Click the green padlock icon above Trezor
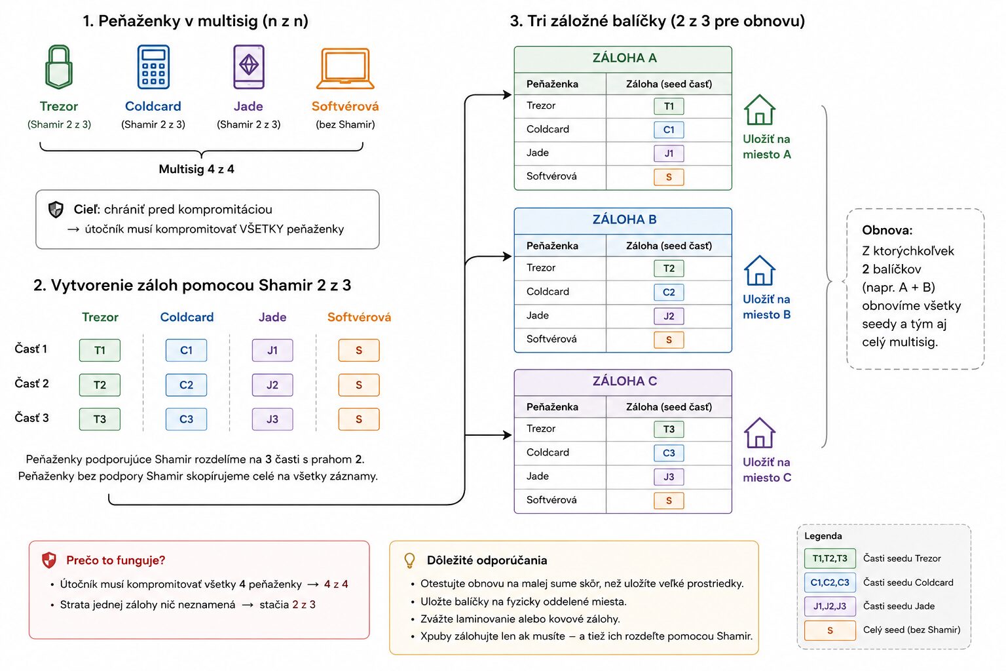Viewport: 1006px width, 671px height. coord(59,67)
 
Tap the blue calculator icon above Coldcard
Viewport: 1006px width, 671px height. coord(153,67)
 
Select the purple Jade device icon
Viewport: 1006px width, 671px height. coord(249,67)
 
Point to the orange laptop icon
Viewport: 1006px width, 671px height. coord(345,68)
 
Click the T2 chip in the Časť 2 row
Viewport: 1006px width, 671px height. coord(100,385)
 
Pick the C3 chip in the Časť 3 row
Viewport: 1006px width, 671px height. coord(187,419)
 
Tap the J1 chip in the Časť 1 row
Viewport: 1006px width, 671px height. coord(272,350)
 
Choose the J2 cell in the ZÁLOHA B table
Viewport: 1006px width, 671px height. coord(669,316)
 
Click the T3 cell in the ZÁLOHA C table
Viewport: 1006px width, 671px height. coord(669,429)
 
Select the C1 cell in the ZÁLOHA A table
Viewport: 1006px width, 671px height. coord(669,130)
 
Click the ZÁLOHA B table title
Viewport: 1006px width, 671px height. coord(624,220)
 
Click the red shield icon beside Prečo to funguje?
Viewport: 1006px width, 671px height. coord(49,560)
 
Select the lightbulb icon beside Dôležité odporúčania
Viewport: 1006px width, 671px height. coord(409,560)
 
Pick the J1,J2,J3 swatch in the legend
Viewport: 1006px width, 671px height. coord(830,606)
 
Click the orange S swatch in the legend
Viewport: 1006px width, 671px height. coord(830,630)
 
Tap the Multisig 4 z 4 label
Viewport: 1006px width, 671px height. coord(196,169)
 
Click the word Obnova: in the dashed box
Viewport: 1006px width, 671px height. coord(887,230)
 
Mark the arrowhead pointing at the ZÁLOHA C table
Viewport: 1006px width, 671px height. coord(508,434)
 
